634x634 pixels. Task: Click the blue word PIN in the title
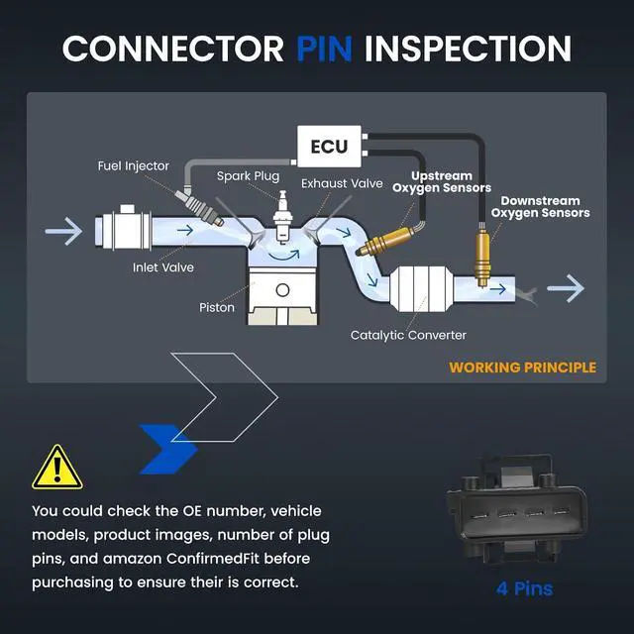tap(324, 49)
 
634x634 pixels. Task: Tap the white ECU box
tap(329, 147)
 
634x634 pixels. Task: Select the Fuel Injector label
tap(134, 166)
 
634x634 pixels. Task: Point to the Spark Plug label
tap(248, 176)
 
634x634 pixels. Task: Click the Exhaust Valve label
tap(342, 183)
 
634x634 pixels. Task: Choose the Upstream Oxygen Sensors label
tap(442, 182)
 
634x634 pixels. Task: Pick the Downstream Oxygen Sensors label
tap(540, 207)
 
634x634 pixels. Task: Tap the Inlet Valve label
tap(163, 267)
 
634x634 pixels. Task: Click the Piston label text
tap(217, 308)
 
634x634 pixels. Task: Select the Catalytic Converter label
tap(408, 335)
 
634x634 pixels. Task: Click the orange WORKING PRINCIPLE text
tap(522, 368)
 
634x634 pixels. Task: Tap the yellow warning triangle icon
tap(57, 468)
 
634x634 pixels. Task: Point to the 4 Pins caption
tap(524, 588)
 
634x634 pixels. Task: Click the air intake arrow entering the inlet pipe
tap(63, 231)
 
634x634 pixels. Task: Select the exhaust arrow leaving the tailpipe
tap(566, 288)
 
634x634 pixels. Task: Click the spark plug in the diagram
tap(282, 217)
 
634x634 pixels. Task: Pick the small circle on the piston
tap(282, 290)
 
